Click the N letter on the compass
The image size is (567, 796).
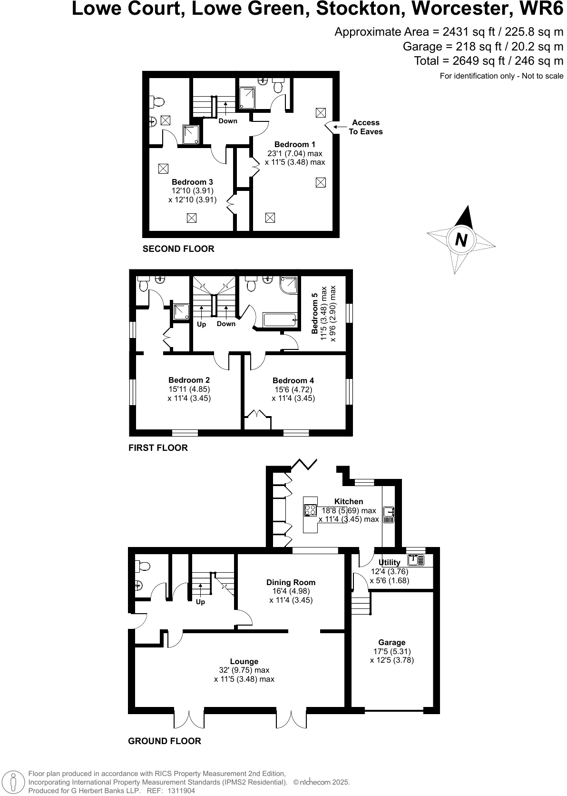(x=461, y=239)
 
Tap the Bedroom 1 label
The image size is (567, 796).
(x=294, y=144)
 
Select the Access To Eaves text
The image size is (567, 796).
(x=365, y=127)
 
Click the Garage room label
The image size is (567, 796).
(x=391, y=642)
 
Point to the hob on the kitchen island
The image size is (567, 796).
(x=311, y=510)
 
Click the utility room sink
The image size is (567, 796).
(x=416, y=560)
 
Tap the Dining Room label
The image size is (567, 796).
(x=291, y=582)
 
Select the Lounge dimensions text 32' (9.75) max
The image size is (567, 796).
(x=244, y=670)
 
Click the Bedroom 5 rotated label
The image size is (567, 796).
(x=314, y=313)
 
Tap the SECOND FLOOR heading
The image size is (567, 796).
(x=178, y=249)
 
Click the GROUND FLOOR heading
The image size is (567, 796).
(x=165, y=741)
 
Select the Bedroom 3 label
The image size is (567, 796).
(x=192, y=182)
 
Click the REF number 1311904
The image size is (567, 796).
(x=179, y=791)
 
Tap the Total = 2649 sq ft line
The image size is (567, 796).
(x=489, y=61)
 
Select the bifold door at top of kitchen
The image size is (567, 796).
(x=305, y=463)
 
